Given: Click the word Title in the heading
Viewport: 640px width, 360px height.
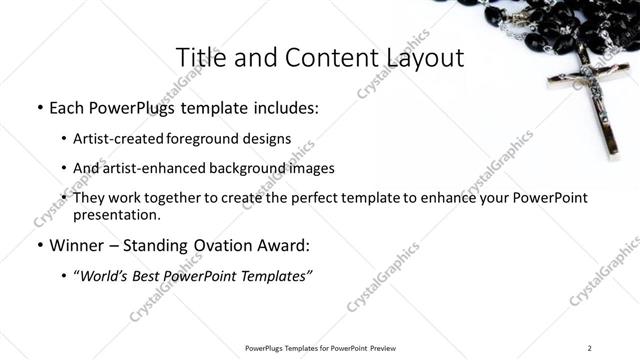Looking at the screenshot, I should [197, 57].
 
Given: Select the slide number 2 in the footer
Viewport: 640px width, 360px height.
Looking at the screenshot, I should [590, 348].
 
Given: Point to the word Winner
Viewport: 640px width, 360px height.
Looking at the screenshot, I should [77, 244].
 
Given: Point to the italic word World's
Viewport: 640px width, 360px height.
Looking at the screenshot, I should [108, 275].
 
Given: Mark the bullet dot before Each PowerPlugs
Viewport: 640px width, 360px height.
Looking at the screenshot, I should [38, 107].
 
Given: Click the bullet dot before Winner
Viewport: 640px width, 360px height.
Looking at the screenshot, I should [38, 244].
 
